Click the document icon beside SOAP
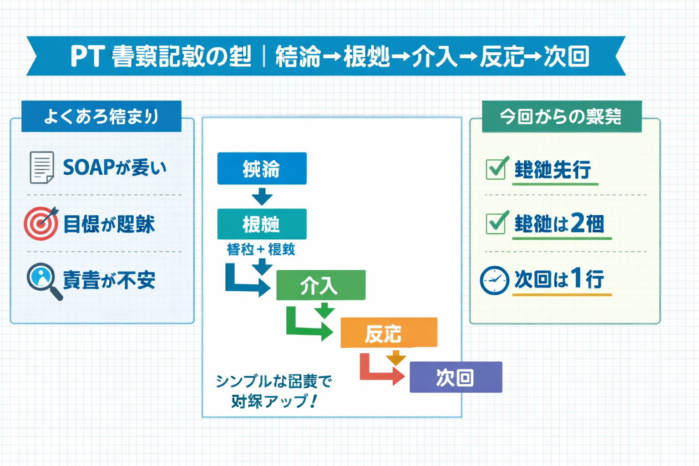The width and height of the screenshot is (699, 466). coord(42,167)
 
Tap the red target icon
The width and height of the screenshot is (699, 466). coord(41,223)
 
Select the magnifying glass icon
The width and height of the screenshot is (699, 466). coord(43,280)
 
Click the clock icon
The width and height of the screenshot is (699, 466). coord(494,280)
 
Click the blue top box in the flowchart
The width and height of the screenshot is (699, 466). coord(262,168)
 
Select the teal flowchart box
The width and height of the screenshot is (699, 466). coord(262,224)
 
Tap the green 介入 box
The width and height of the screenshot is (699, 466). coord(321,285)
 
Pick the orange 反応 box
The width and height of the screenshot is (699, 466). coord(389,333)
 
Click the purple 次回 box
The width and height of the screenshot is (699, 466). coord(456,377)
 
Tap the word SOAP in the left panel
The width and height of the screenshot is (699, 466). coord(89,167)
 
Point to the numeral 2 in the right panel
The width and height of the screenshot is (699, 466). coord(577,223)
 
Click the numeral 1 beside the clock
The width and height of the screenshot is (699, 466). coord(576,278)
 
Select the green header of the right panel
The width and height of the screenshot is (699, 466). coord(562,116)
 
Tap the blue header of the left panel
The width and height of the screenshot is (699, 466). coord(101,116)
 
